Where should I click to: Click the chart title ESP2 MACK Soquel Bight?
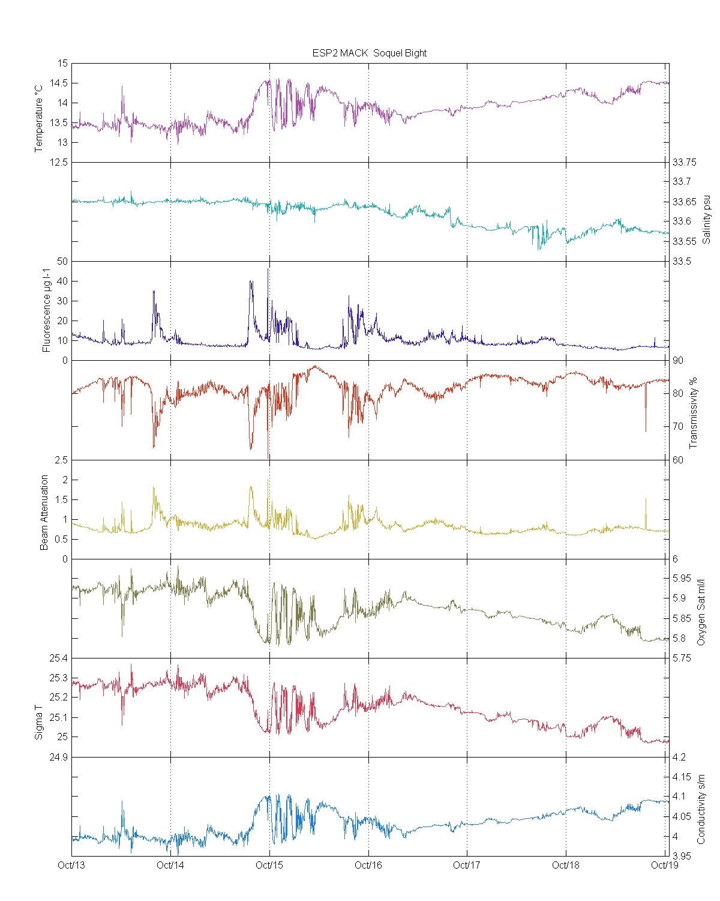[x=369, y=53]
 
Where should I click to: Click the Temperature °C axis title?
[x=39, y=118]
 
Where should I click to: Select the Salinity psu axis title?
[x=707, y=219]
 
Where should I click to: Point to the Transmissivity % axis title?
[x=694, y=413]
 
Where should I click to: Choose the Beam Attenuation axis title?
[x=44, y=513]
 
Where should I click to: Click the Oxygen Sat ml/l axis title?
[x=701, y=612]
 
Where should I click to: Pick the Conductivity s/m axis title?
[x=701, y=809]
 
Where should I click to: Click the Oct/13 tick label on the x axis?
[x=71, y=865]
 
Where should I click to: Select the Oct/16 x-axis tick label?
[x=368, y=865]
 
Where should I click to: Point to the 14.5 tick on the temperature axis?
[x=58, y=83]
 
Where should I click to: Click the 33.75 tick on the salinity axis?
[x=685, y=162]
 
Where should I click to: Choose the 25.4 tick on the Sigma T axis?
[x=58, y=658]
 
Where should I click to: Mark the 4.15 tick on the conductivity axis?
[x=682, y=777]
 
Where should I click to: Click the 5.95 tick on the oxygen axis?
[x=682, y=579]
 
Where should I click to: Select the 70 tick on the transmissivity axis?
[x=678, y=427]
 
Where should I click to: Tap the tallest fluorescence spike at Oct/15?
[x=268, y=270]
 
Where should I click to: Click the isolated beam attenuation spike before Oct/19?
[x=646, y=499]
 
